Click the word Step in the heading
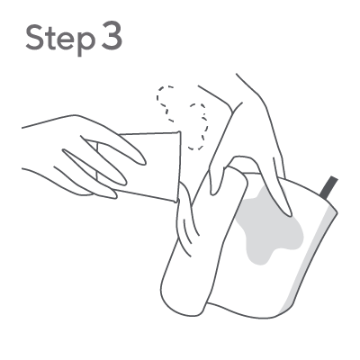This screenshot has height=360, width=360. (x=59, y=39)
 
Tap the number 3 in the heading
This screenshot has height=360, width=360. (x=112, y=37)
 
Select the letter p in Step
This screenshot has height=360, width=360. (x=85, y=43)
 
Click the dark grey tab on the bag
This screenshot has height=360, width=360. (x=328, y=187)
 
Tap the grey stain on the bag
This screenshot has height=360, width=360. (x=267, y=228)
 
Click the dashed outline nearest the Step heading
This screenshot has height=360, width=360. (x=166, y=103)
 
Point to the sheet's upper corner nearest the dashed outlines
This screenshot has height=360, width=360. (x=179, y=131)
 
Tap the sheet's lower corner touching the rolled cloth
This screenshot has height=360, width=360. (x=176, y=202)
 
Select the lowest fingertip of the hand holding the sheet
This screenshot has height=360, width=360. (x=113, y=195)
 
